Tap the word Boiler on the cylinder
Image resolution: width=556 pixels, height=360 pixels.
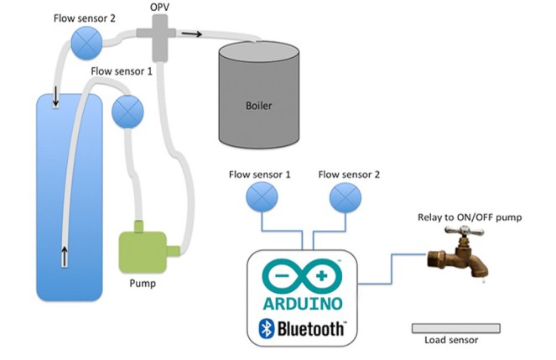coord(259,107)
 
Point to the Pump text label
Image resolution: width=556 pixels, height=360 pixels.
coord(142,283)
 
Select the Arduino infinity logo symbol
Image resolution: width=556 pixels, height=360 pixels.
coord(302,276)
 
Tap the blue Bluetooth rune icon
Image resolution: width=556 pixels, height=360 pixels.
coord(267,328)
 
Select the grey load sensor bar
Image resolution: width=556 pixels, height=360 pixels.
coord(455,327)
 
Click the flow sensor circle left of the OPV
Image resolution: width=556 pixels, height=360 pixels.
coord(84,42)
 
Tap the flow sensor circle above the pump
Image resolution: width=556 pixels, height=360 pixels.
coord(127,110)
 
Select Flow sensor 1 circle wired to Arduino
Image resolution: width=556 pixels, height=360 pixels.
coord(259,198)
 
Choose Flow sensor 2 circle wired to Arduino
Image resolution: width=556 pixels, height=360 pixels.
coord(344,198)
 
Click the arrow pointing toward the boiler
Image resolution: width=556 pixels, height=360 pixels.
coord(193,34)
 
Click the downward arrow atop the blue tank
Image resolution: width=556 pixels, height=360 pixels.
coord(56,98)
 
